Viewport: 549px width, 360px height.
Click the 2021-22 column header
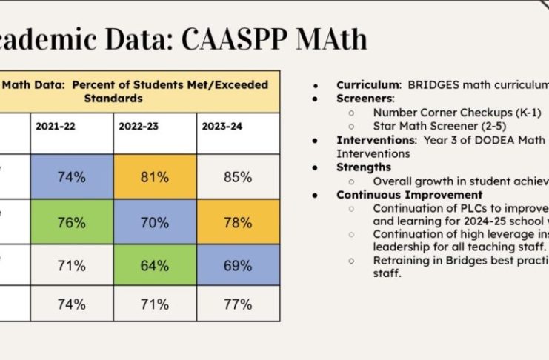point(56,126)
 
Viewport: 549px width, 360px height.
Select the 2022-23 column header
point(139,126)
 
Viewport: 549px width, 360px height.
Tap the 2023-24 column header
point(222,126)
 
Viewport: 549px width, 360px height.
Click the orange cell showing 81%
point(154,177)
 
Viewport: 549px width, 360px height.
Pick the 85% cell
point(237,177)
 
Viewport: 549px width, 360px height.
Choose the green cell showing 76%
point(71,221)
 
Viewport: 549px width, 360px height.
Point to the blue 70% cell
point(154,221)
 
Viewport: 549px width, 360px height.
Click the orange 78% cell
point(237,221)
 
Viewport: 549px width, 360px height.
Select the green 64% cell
point(154,265)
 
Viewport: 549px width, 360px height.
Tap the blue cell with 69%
point(237,265)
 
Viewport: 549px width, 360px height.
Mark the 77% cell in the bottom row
point(237,304)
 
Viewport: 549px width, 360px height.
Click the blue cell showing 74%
point(71,177)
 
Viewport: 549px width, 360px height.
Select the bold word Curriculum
point(369,85)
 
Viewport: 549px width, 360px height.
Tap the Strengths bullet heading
point(364,167)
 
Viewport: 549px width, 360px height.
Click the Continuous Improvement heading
point(409,195)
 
